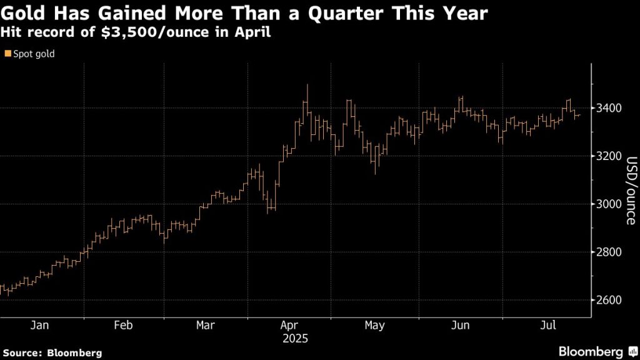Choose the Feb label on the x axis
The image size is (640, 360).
click(123, 326)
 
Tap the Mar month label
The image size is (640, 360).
click(205, 326)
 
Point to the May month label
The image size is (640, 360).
click(374, 326)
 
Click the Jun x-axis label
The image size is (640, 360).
click(460, 326)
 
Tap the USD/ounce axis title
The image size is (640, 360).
click(631, 190)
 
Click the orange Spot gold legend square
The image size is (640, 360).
click(7, 54)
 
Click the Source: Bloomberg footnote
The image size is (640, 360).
click(51, 352)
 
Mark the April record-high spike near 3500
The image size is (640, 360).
click(307, 86)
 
